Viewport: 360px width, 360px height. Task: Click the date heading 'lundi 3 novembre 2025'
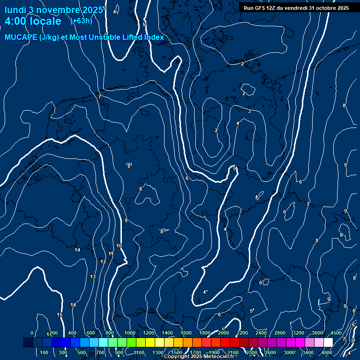(x=53, y=10)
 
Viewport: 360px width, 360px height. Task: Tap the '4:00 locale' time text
(x=33, y=22)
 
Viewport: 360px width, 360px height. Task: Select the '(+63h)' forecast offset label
(x=81, y=21)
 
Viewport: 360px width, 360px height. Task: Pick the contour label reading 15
(x=60, y=315)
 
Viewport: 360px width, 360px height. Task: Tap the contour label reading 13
(x=93, y=277)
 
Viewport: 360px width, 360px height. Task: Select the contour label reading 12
(x=103, y=262)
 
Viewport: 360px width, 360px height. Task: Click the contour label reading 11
(x=111, y=254)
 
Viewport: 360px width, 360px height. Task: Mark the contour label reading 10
(x=119, y=246)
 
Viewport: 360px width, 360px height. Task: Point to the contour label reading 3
(x=249, y=111)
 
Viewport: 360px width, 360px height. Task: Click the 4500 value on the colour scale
(x=336, y=333)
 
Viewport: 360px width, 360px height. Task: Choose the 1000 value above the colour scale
(x=130, y=333)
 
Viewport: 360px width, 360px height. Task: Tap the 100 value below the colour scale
(x=45, y=352)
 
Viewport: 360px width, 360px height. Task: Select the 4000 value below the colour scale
(x=327, y=352)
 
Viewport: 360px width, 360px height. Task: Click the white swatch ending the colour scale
(x=328, y=343)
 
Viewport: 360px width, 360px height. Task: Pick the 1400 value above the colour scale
(x=167, y=333)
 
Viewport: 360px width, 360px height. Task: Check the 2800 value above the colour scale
(x=280, y=333)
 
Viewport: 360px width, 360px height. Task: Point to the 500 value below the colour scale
(x=82, y=352)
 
